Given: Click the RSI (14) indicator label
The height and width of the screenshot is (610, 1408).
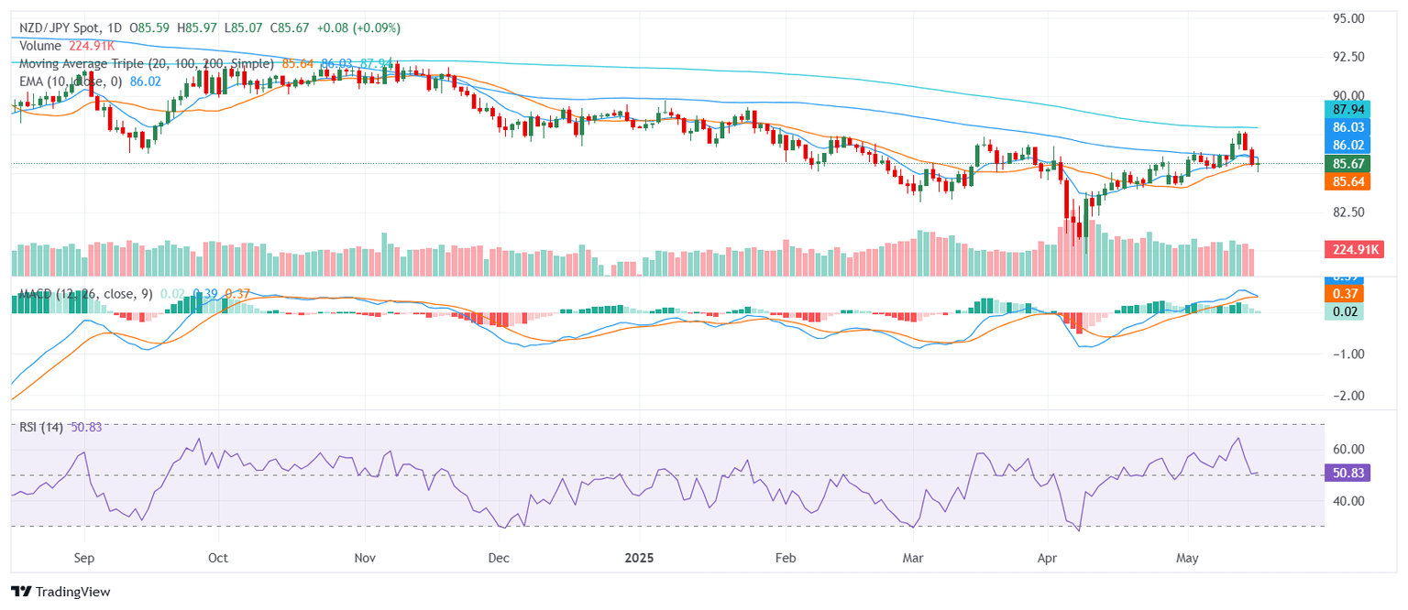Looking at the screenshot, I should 41,428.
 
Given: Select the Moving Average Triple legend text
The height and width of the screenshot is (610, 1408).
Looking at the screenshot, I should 146,64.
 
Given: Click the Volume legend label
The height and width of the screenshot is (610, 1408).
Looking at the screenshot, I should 39,46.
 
